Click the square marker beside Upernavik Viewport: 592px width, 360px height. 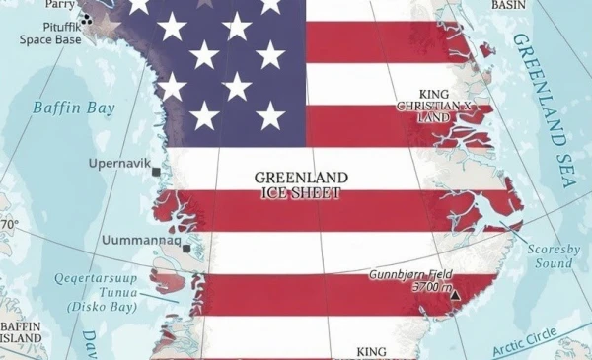coord(156,173)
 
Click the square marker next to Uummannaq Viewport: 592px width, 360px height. coord(185,250)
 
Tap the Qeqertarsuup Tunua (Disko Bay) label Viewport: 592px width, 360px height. coord(104,291)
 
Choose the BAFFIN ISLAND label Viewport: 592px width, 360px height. coord(22,332)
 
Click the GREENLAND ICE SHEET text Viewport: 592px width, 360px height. coord(297,185)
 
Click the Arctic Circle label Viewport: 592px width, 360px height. coord(537,337)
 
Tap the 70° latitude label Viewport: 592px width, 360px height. coord(9,225)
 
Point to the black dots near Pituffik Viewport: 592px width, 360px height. coord(87,18)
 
